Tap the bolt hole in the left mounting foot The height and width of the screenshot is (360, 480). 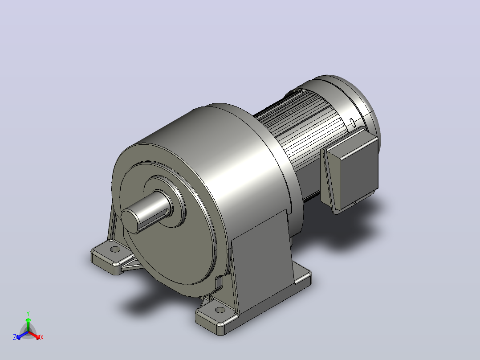pyautogui.click(x=115, y=249)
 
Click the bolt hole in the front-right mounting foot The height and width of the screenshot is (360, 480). pyautogui.click(x=220, y=310)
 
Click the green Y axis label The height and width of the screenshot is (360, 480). pyautogui.click(x=28, y=313)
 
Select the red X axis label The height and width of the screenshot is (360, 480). pyautogui.click(x=42, y=337)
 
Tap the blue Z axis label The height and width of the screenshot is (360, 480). pyautogui.click(x=15, y=337)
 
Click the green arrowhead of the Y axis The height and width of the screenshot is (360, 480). pyautogui.click(x=28, y=320)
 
